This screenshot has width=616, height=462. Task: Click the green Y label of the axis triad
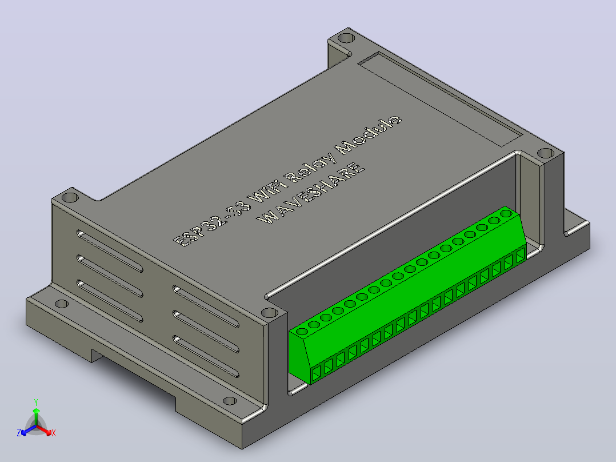pyautogui.click(x=36, y=402)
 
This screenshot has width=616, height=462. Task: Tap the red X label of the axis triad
pyautogui.click(x=54, y=433)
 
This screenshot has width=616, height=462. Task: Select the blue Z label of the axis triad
pyautogui.click(x=19, y=433)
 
